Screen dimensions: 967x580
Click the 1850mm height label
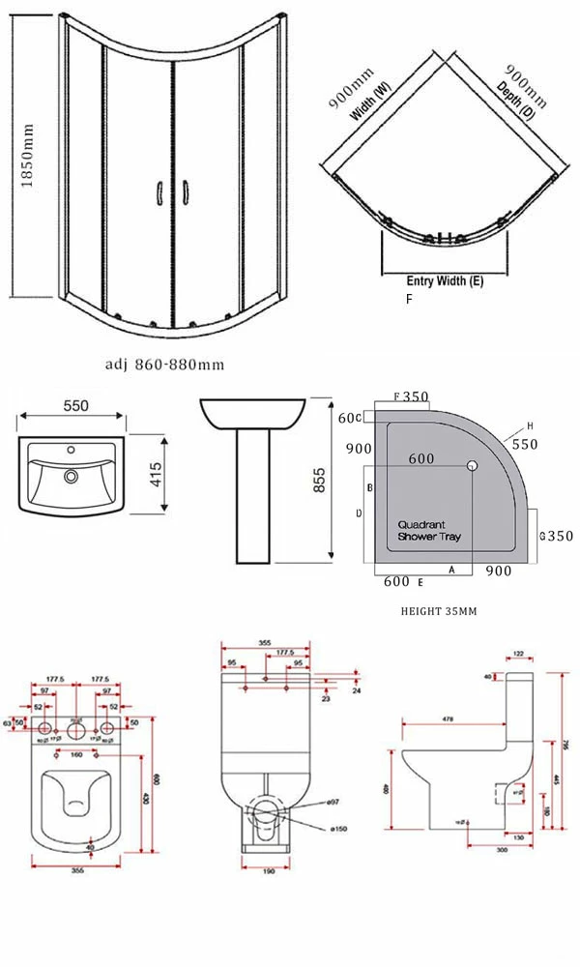[28, 155]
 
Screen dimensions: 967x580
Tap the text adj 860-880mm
[164, 365]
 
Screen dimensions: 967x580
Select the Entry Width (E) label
[445, 281]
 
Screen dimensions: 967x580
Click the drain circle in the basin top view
[72, 476]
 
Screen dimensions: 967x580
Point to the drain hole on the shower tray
[472, 466]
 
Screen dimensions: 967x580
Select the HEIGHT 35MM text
[438, 611]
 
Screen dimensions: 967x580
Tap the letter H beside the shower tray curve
[531, 425]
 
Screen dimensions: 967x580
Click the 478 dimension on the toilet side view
[448, 718]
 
